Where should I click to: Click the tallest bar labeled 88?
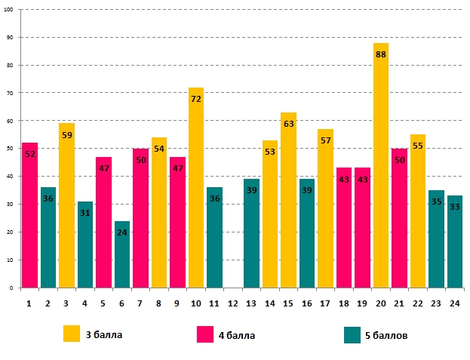pos(380,166)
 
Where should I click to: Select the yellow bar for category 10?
pos(196,189)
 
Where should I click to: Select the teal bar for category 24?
pos(455,242)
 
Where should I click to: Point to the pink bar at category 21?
pos(399,219)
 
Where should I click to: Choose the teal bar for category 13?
pos(251,234)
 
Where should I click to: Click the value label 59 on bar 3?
pos(66,136)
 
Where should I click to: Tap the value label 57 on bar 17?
pos(325,141)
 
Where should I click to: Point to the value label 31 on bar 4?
pos(85,214)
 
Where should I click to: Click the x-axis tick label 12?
pos(233,303)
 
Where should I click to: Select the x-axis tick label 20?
pos(380,303)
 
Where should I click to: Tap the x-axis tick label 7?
pos(140,303)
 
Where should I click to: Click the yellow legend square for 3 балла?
pos(72,334)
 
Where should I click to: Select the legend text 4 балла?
pos(236,335)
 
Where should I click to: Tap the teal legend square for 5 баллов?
pos(352,334)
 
